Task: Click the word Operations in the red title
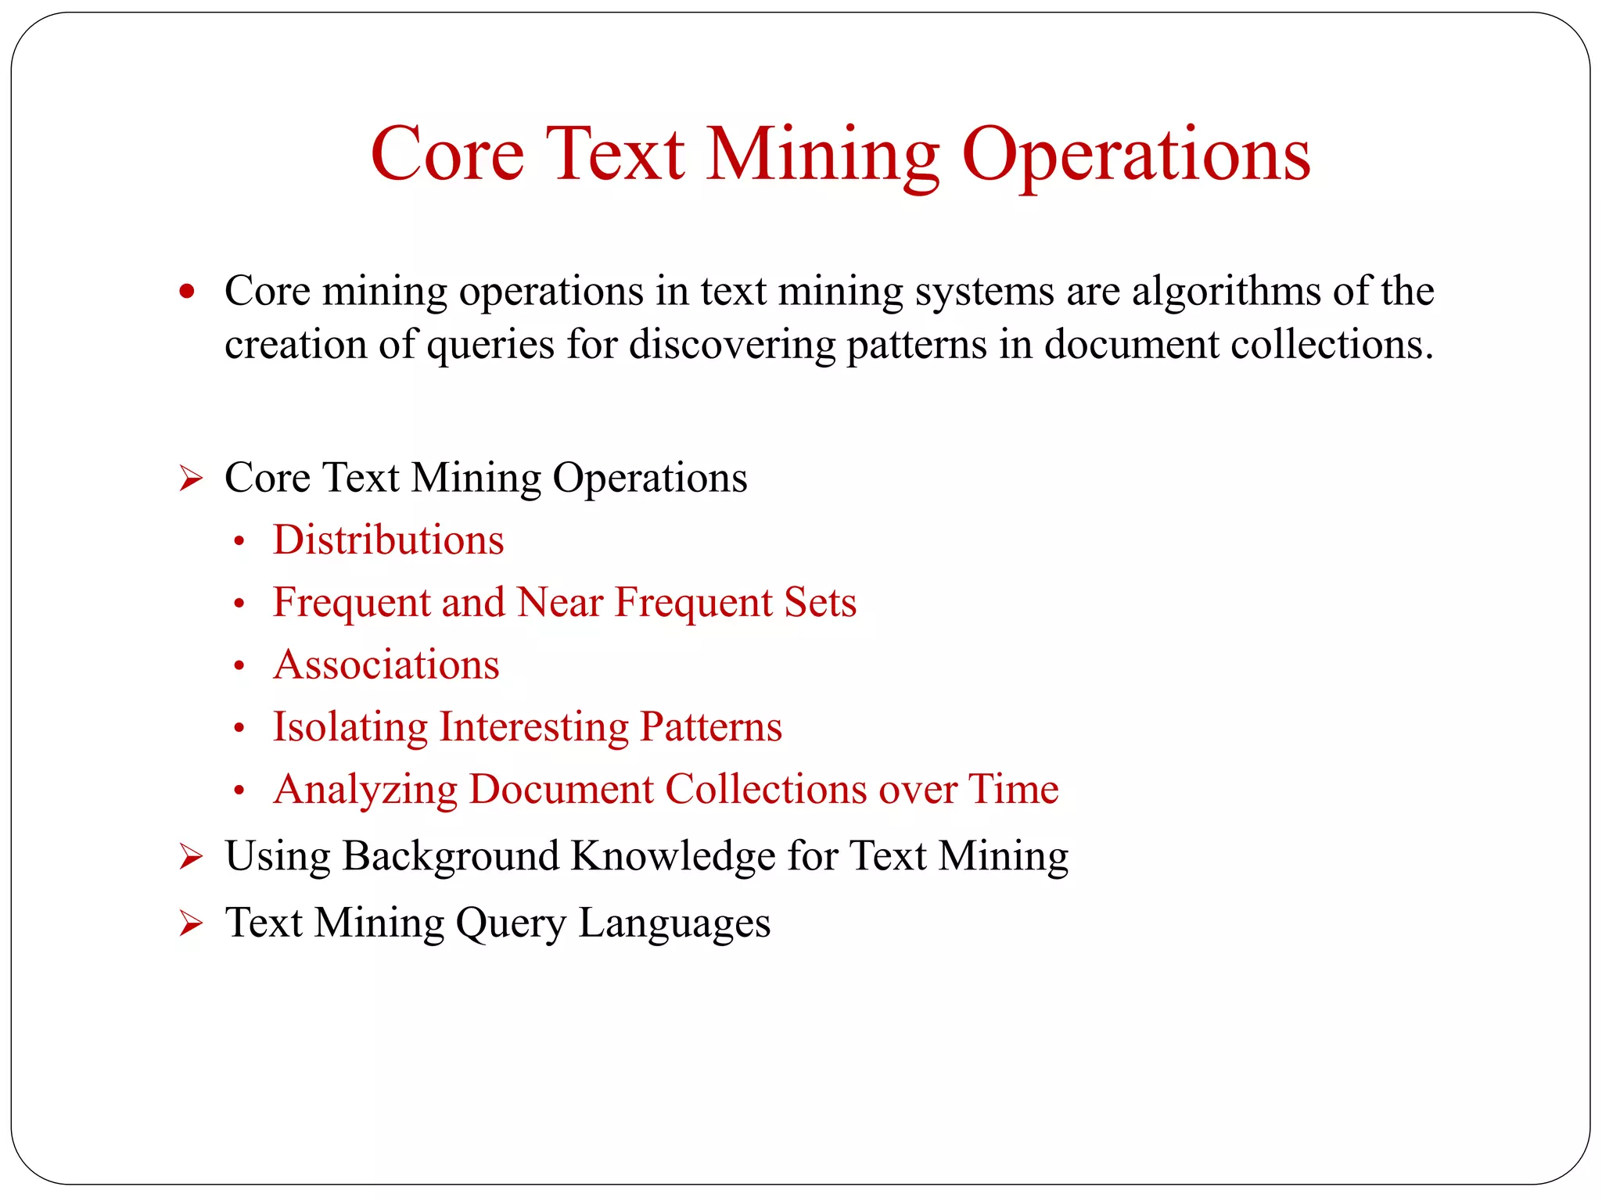(1135, 155)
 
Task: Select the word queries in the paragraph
(490, 345)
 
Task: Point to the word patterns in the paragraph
(916, 345)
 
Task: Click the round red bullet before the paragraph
(186, 292)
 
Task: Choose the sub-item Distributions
(388, 540)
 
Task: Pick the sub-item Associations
(386, 665)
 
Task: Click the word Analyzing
(365, 789)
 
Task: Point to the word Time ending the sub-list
(1013, 788)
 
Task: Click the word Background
(450, 855)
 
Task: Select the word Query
(510, 923)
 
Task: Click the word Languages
(674, 923)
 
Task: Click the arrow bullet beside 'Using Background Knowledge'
(190, 857)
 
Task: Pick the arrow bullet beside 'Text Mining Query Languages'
(190, 924)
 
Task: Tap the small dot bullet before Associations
(239, 666)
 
